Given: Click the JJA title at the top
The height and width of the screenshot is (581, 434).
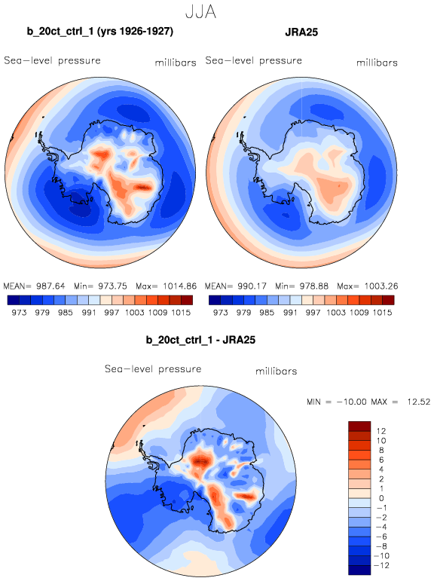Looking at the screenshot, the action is [x=200, y=12].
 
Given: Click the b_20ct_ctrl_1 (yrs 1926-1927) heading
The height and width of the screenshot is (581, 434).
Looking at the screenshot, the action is [x=100, y=32].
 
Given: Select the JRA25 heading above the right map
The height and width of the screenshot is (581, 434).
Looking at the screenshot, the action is [x=301, y=32].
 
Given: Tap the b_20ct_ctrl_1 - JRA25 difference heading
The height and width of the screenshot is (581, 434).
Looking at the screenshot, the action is [x=200, y=340].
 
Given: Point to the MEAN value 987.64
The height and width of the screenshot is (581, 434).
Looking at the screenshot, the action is [x=50, y=286].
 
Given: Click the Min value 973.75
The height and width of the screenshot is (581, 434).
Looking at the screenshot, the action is [x=112, y=286].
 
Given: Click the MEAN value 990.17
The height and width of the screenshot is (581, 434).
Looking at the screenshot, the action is [x=252, y=286].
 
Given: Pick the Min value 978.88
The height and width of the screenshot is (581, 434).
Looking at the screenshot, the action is [x=313, y=286].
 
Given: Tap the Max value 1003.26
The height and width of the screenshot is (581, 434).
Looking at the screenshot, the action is [x=381, y=286].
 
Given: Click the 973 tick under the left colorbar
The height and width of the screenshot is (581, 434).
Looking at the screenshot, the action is [x=19, y=313].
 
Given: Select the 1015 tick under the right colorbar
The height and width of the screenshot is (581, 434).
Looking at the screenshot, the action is [x=383, y=313].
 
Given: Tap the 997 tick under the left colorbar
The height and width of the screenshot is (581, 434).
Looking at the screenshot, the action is [x=112, y=313].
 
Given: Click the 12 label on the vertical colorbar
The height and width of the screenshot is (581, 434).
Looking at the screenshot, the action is [x=381, y=431].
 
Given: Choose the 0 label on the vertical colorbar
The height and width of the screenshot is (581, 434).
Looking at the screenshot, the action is [x=381, y=498].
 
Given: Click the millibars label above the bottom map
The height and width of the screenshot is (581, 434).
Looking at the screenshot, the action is [x=276, y=371].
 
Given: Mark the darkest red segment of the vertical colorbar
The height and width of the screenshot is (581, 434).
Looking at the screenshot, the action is [x=359, y=426].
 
